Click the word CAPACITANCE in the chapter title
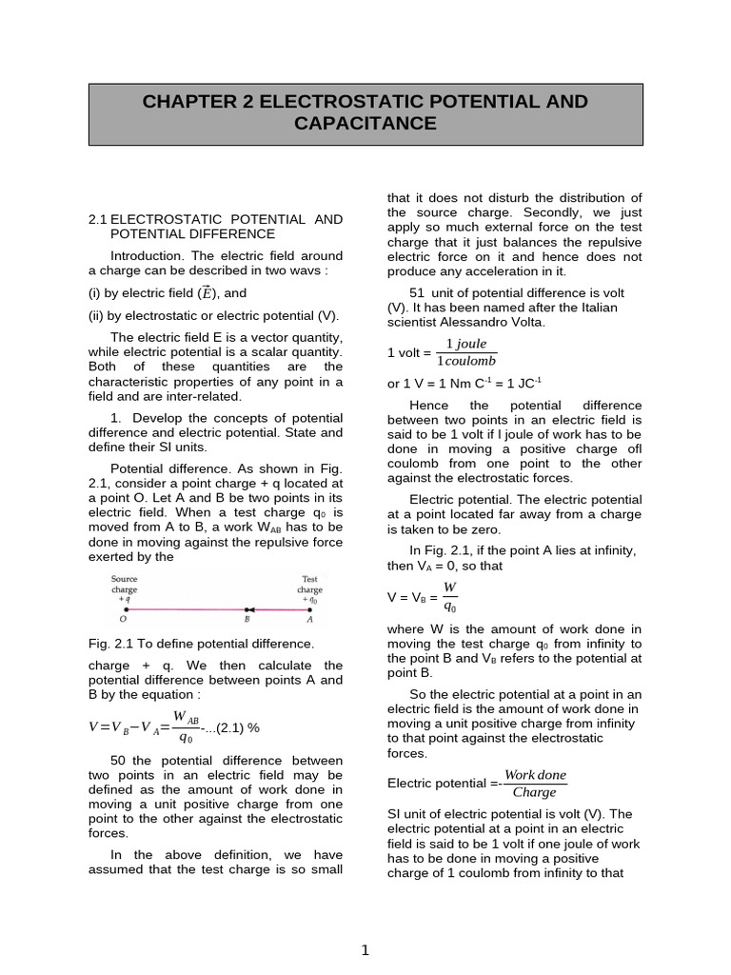click(x=365, y=124)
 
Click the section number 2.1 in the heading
click(x=97, y=219)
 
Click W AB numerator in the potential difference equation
click(x=186, y=717)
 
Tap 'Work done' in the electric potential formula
click(x=535, y=775)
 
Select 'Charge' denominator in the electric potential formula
click(x=534, y=792)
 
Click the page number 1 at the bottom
click(x=365, y=950)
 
